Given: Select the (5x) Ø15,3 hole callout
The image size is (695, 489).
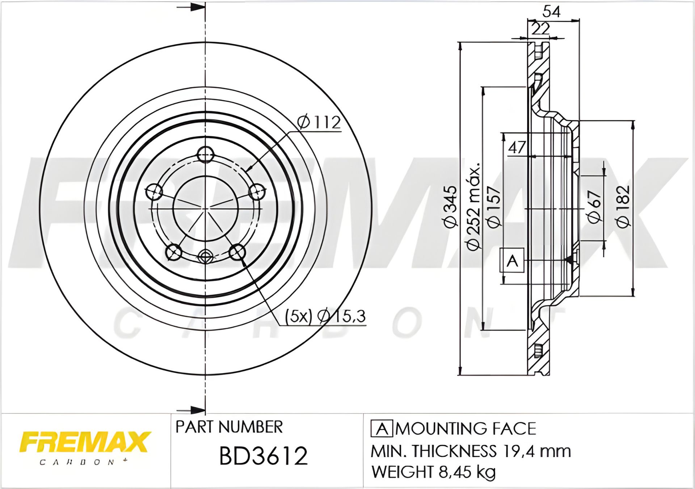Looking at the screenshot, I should point(325,316).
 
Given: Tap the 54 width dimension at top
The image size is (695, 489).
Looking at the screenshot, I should point(551,12).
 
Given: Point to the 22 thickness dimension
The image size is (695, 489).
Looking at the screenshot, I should point(540,29).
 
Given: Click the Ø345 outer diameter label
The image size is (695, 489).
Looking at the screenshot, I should point(450,207).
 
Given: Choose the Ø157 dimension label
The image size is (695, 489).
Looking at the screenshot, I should point(494,207).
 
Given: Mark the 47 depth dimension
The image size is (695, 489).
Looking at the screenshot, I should point(517,147).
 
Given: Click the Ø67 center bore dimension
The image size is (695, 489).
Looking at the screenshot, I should point(594,206).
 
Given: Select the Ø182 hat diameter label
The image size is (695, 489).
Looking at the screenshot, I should point(623,207).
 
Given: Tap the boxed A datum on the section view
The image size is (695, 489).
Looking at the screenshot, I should point(512,260).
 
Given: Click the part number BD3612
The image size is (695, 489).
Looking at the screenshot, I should point(263,456).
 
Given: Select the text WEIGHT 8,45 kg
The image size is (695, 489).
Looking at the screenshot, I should point(433,472).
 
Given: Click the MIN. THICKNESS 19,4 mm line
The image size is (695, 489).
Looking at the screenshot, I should point(471,451).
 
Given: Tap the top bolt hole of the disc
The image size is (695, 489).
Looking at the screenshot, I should point(205,155).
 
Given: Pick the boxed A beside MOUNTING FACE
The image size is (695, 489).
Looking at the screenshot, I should point(382,429).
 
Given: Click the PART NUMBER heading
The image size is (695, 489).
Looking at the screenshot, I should point(229,427).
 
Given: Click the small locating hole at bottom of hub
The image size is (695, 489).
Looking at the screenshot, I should point(205,257).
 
